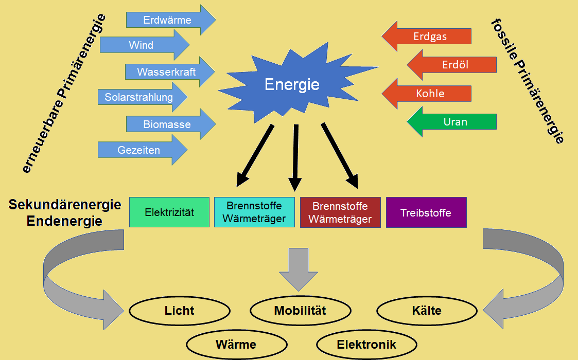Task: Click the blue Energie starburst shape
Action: (x=292, y=85)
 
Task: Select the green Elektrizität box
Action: (x=169, y=212)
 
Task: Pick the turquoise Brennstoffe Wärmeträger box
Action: (x=255, y=212)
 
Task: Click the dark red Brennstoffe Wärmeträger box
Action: (x=340, y=212)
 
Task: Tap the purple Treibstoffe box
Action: (x=426, y=212)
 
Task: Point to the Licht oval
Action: (x=179, y=311)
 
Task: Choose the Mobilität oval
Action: (x=300, y=311)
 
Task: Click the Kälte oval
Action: (x=427, y=311)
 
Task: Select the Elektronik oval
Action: (x=366, y=345)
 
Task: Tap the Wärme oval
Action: (x=236, y=345)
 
